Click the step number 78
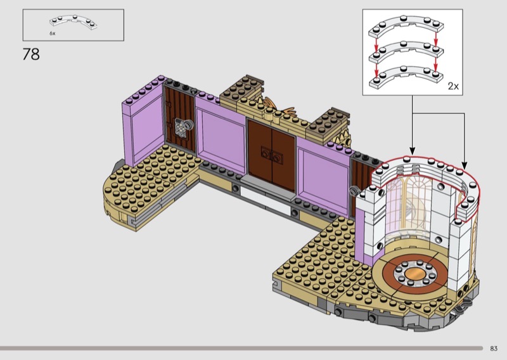click(x=31, y=55)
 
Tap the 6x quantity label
click(x=53, y=34)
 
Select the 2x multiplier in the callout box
click(x=453, y=86)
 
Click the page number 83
click(x=494, y=349)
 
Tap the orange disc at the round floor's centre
click(x=415, y=274)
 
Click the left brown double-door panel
click(x=260, y=153)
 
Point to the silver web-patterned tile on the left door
click(x=181, y=127)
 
